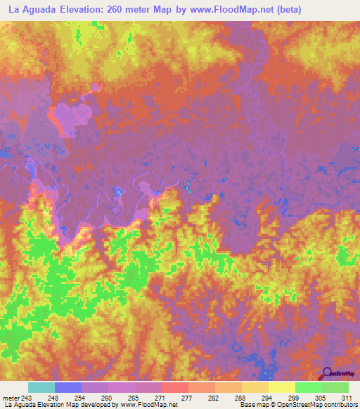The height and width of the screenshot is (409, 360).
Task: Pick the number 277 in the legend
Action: coord(186,397)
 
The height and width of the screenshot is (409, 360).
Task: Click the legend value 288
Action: coord(241,397)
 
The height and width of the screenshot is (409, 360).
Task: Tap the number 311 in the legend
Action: coord(347,397)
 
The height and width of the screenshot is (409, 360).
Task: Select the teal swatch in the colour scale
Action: coord(41,387)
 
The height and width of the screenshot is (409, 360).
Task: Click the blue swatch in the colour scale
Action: coord(68,387)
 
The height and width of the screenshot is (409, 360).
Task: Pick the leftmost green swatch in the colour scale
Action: coord(308,387)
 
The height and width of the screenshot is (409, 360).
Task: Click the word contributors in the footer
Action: coord(338,405)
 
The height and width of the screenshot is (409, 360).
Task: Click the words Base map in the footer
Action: coord(252,405)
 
